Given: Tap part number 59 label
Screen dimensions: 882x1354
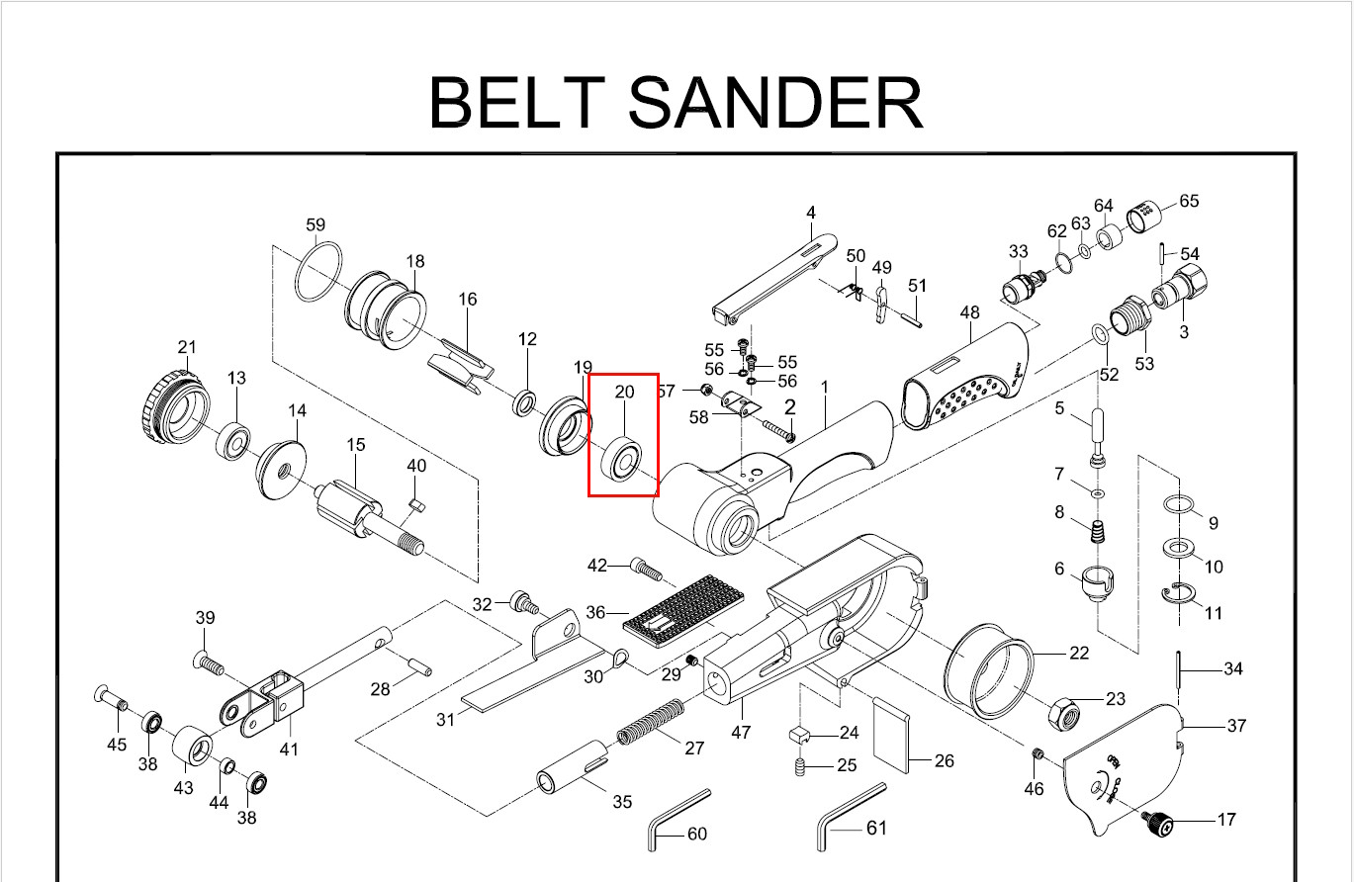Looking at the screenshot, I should point(316,225).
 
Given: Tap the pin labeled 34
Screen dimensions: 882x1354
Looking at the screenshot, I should point(1181,669).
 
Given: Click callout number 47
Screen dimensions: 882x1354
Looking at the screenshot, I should point(741,732).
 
